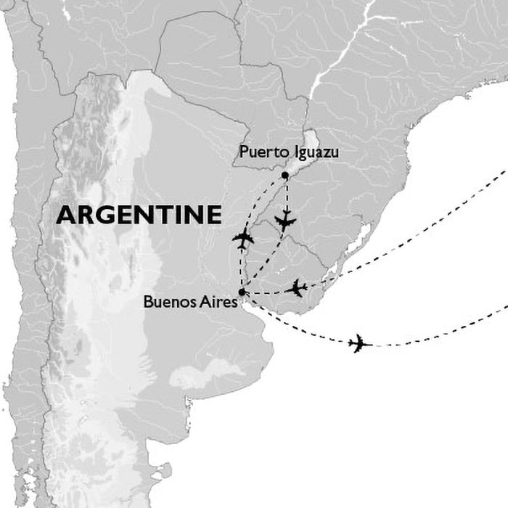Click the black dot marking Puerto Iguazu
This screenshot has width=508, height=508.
[x=285, y=176]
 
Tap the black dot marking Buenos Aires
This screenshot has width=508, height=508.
[x=242, y=292]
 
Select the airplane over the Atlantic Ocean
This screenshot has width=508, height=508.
[x=359, y=343]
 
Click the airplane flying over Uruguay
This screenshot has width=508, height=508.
[x=296, y=288]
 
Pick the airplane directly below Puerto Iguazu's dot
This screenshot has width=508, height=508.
[x=286, y=221]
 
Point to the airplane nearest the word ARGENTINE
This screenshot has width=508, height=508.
[x=244, y=238]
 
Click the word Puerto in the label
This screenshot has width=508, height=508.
[x=258, y=153]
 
